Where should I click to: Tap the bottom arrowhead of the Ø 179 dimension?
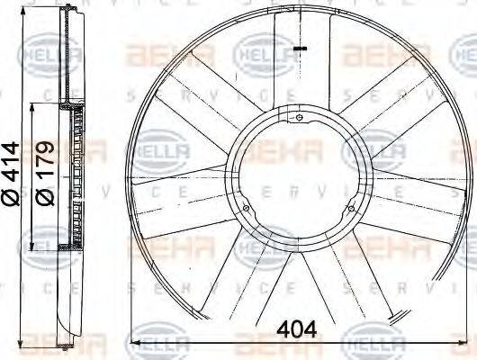33,250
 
